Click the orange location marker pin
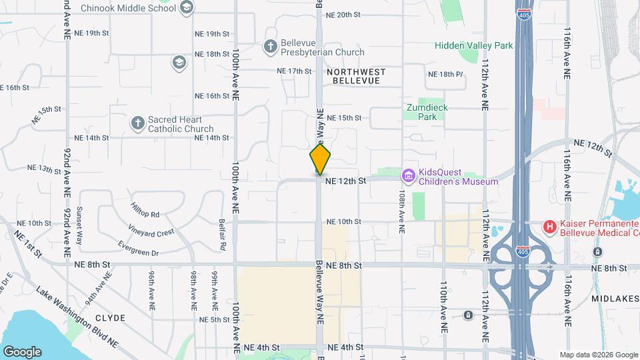[320, 159]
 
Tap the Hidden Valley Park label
[474, 45]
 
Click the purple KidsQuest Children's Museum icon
[408, 176]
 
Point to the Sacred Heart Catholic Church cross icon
[137, 123]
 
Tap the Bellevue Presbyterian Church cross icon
[270, 47]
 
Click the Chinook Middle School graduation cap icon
[186, 8]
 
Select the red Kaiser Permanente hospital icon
[550, 227]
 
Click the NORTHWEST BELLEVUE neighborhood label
[356, 75]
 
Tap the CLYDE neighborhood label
[110, 318]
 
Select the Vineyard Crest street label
[153, 232]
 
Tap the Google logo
[22, 351]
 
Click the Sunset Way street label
[79, 225]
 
